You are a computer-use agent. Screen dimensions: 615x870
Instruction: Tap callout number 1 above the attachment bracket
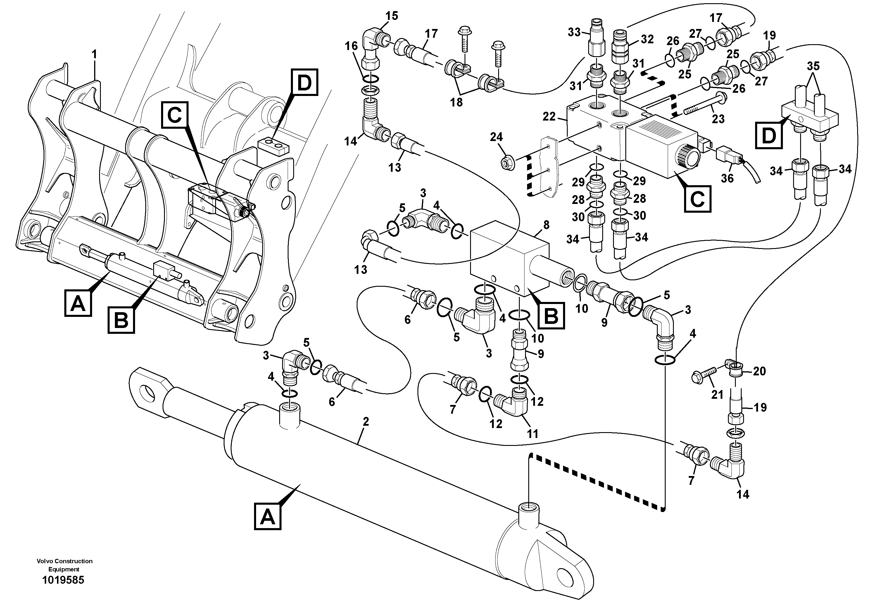[94, 55]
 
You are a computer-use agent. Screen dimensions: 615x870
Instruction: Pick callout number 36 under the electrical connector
[727, 178]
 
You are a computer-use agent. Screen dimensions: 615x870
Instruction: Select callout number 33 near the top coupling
[574, 32]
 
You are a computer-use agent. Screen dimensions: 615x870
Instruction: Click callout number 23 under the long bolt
[718, 119]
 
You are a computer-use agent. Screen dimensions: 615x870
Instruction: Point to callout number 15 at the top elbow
[392, 16]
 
